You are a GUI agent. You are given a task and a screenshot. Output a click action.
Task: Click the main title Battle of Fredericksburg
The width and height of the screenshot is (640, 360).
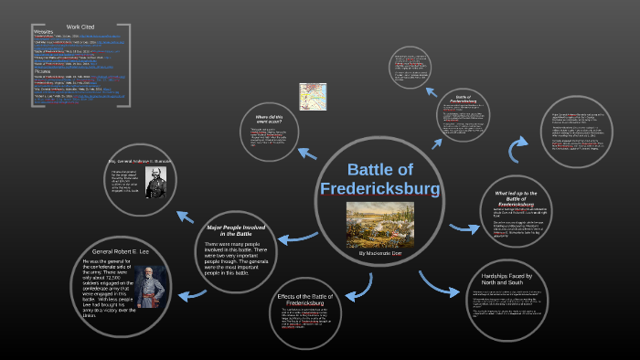(380, 178)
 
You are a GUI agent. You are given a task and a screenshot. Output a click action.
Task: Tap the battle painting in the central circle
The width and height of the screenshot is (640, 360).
(380, 224)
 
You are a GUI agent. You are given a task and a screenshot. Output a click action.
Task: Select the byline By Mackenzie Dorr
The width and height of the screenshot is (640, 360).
(380, 253)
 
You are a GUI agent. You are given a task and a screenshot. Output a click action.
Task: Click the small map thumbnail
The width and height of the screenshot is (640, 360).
(314, 96)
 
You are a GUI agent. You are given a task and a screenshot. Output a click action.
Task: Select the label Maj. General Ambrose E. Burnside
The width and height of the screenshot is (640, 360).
(140, 161)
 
